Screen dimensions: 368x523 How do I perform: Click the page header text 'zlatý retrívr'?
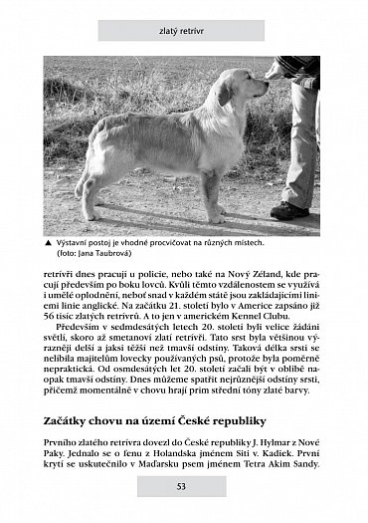(x=183, y=30)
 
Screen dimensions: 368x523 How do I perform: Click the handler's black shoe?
(x=289, y=210)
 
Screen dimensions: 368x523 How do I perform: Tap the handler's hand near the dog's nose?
(x=274, y=73)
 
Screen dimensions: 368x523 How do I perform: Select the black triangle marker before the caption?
(x=48, y=241)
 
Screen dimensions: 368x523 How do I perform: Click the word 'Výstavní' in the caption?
(x=76, y=241)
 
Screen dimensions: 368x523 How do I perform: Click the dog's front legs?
(x=213, y=194)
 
